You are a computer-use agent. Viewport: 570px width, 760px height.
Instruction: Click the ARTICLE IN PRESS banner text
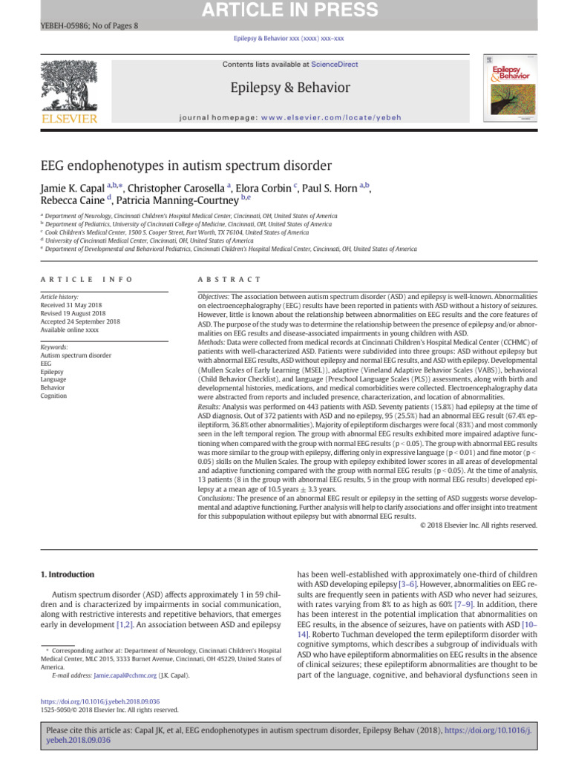point(285,10)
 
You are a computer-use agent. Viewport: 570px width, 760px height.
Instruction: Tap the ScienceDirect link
point(334,65)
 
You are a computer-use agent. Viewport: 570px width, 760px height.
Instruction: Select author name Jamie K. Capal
point(72,188)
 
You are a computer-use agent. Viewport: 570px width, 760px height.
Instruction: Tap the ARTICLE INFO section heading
point(87,279)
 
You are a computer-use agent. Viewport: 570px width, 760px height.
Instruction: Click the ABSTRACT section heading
point(229,279)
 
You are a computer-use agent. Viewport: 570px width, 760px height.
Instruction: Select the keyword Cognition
point(55,396)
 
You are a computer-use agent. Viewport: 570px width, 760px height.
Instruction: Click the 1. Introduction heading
point(67,574)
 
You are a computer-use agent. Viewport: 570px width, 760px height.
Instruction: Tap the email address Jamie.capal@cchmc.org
point(125,675)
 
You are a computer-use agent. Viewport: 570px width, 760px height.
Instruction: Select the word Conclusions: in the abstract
point(220,499)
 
